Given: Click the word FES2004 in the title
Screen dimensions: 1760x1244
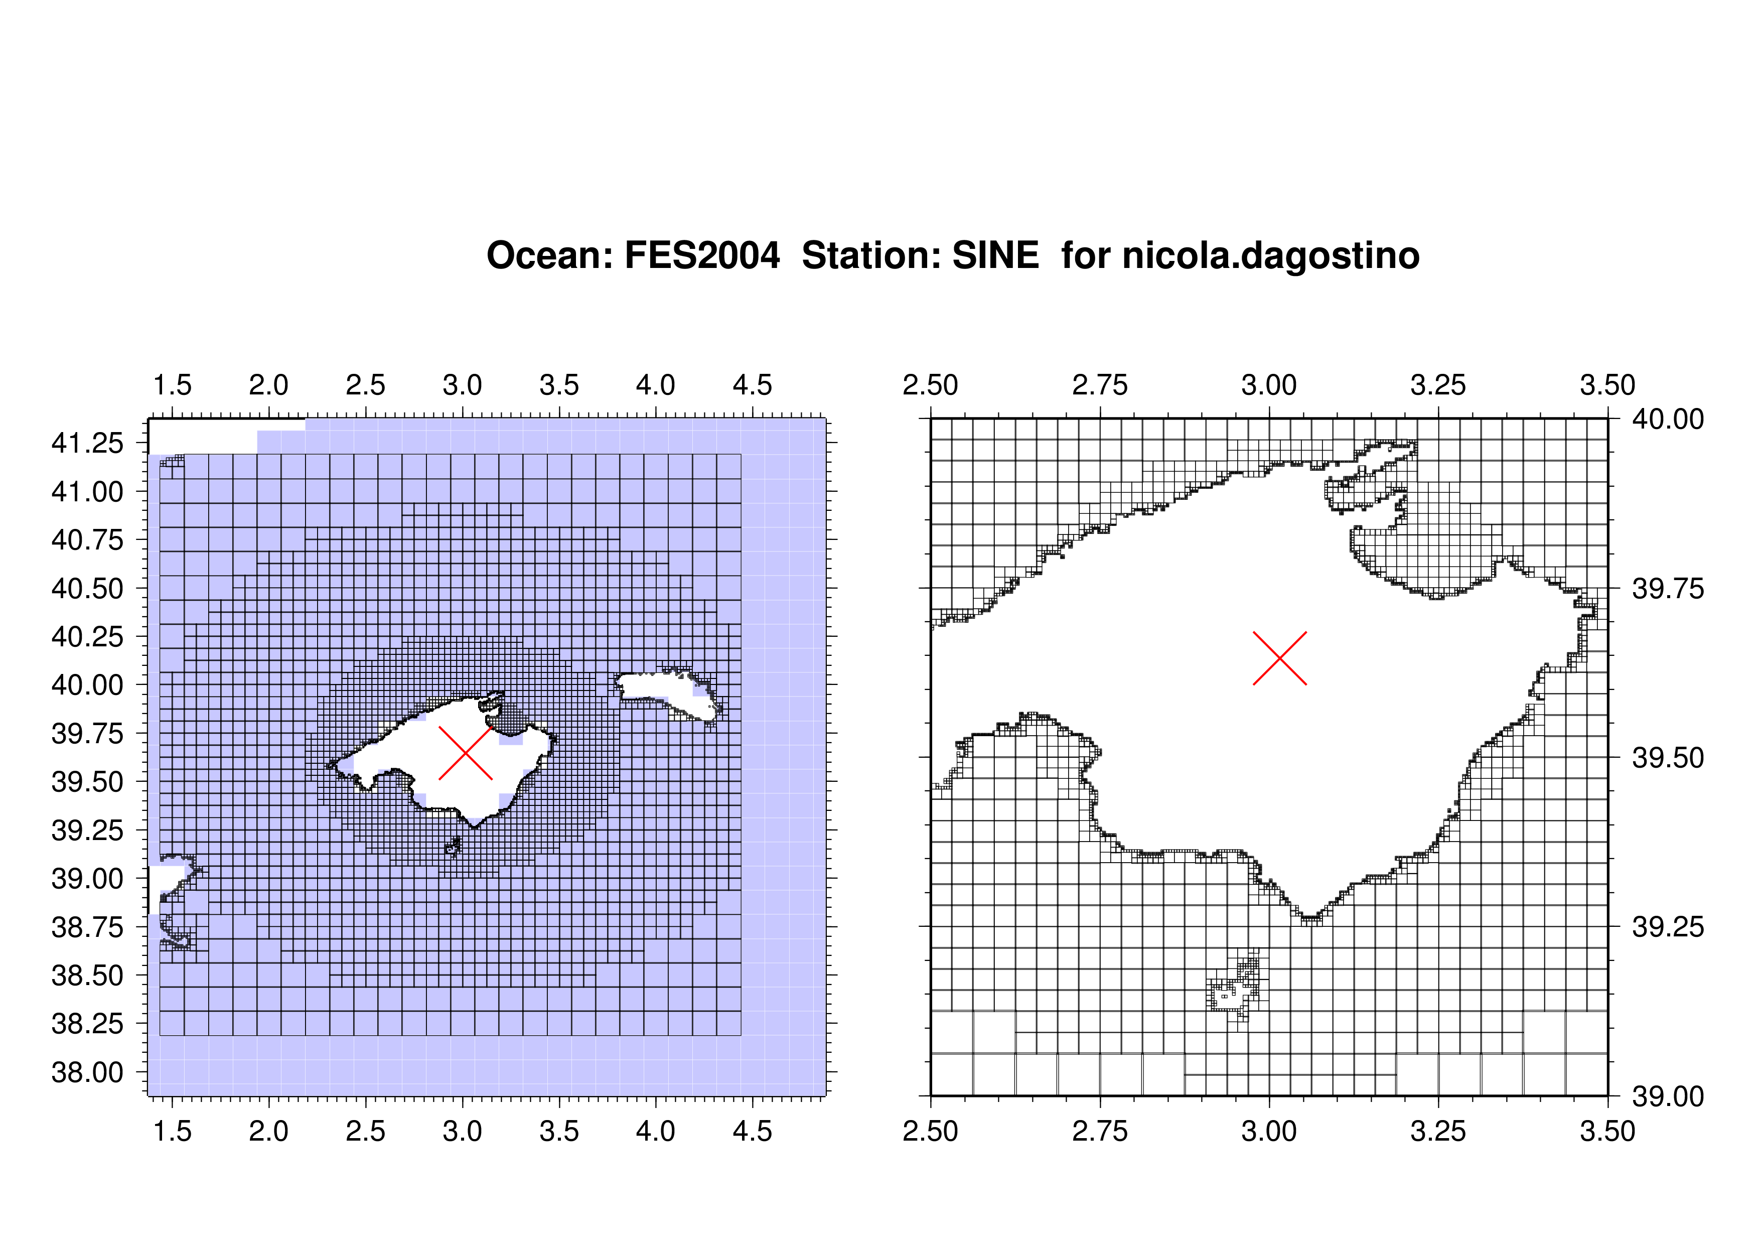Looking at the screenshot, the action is click(702, 255).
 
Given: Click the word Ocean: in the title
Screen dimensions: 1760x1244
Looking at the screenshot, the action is click(549, 255).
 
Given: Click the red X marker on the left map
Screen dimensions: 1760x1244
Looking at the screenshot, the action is click(465, 753).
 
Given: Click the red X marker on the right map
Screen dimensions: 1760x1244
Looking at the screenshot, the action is click(1279, 658).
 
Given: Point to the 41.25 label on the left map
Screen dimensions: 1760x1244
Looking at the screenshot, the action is click(87, 443).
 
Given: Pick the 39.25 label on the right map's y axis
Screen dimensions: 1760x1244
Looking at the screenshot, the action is click(1668, 927).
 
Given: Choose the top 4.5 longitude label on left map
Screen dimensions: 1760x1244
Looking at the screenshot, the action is click(752, 385).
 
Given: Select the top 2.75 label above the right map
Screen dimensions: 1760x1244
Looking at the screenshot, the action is click(1100, 385).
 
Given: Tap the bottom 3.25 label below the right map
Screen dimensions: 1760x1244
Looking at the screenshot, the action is click(1438, 1131).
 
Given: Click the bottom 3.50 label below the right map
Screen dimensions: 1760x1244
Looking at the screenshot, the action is click(1607, 1131).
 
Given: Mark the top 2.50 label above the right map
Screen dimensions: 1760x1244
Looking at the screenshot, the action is click(931, 385).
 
